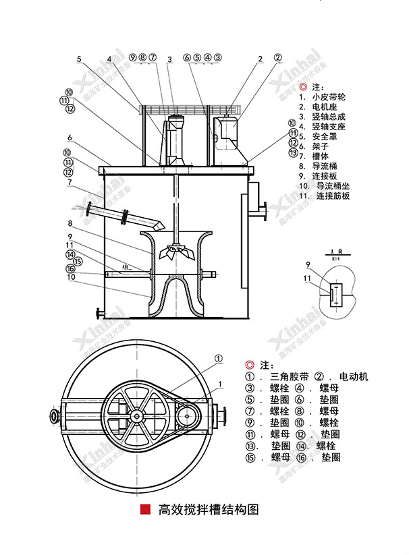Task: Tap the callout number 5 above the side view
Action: [x=78, y=59]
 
